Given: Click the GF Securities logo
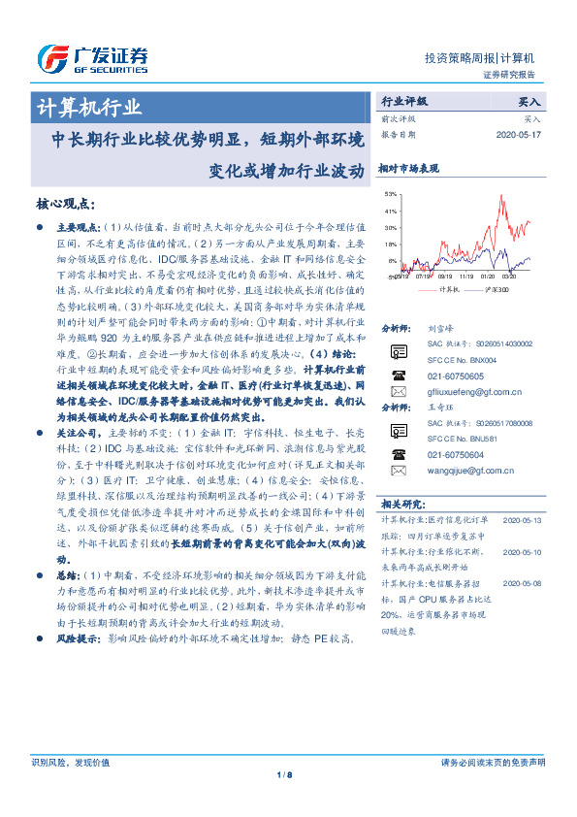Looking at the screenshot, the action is tap(92, 58).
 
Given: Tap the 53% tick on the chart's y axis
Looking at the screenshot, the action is tap(390, 194).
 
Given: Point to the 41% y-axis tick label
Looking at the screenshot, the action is tap(390, 211).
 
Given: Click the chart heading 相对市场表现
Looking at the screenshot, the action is tap(408, 169).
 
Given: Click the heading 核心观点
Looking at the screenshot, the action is tap(64, 204).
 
